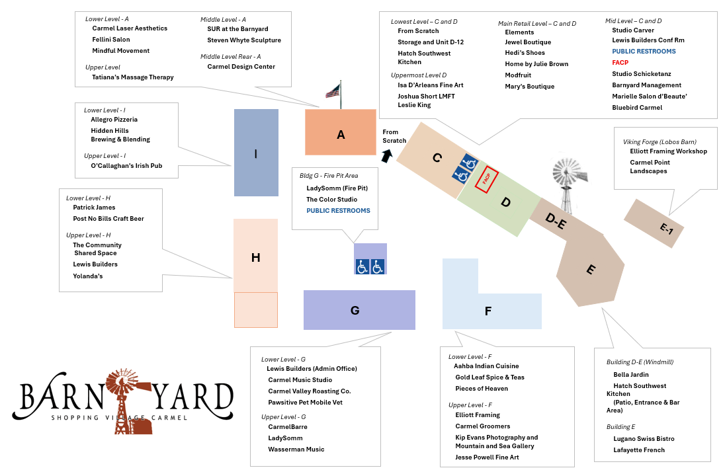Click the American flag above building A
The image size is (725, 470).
click(x=333, y=91)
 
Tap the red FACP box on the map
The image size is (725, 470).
click(x=486, y=179)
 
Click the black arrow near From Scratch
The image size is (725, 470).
click(x=386, y=155)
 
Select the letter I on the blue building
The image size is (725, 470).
click(x=256, y=153)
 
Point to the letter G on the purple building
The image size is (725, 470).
click(x=355, y=310)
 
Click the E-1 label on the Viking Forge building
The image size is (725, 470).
click(x=666, y=228)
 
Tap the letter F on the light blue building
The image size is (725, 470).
click(x=488, y=311)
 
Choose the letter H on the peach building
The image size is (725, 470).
click(x=255, y=258)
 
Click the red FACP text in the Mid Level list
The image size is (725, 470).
click(x=620, y=63)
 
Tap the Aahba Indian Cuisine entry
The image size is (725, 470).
click(x=486, y=366)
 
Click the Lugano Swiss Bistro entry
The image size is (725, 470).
click(x=644, y=439)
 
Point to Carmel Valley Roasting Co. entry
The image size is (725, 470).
click(x=309, y=391)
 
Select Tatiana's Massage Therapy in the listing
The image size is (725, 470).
click(x=133, y=77)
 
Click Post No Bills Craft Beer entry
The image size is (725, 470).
click(x=108, y=219)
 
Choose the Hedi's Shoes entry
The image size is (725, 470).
click(x=525, y=53)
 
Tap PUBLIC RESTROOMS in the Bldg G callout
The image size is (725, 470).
click(x=338, y=211)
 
